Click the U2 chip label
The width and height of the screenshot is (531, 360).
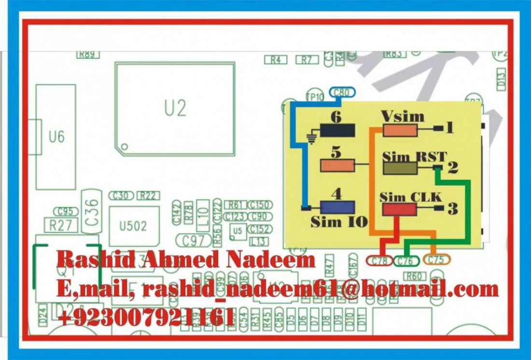tap(175, 109)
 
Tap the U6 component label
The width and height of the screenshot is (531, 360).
tap(56, 137)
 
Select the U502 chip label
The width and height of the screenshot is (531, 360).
tap(133, 226)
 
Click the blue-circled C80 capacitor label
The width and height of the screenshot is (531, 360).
tap(341, 93)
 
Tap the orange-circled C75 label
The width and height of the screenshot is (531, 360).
tap(436, 260)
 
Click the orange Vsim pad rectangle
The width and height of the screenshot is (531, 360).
tap(400, 130)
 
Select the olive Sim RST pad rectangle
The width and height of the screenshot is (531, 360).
tap(400, 168)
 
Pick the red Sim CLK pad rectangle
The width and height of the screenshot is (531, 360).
tap(399, 209)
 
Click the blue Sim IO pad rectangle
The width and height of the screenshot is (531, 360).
tap(337, 207)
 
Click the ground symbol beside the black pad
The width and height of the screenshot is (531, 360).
tap(312, 139)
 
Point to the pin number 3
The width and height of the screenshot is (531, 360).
tap(452, 208)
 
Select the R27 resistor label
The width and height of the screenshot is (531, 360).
tap(58, 225)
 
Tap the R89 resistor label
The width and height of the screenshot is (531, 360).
tap(87, 55)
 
